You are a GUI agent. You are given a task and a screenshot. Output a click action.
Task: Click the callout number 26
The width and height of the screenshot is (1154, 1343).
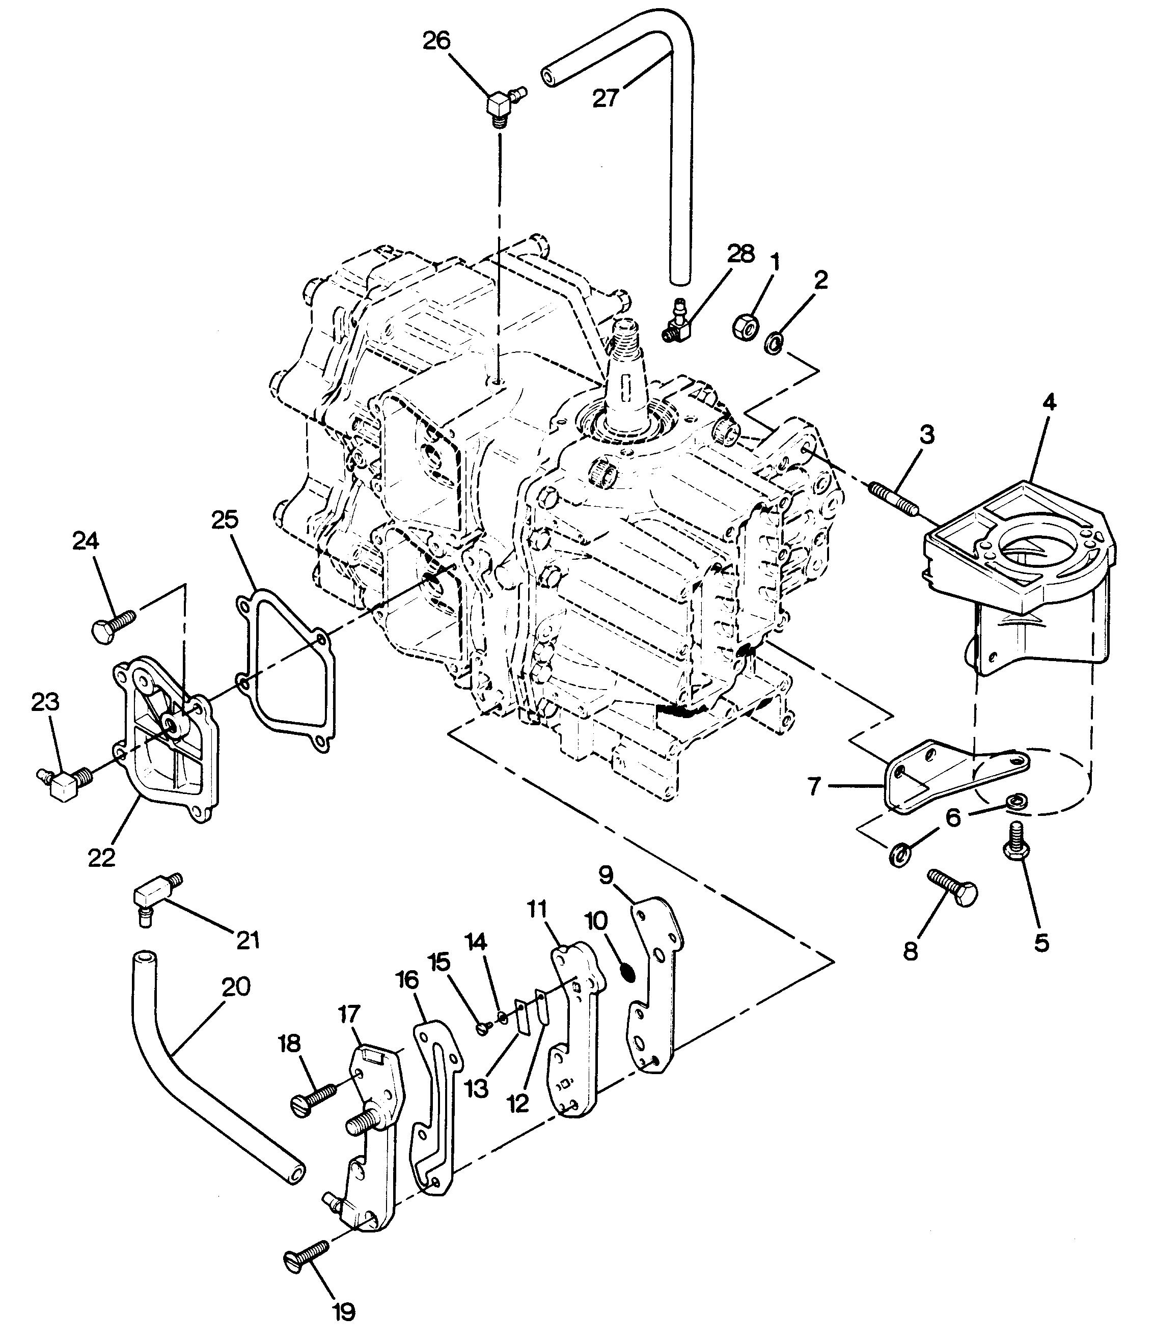(436, 41)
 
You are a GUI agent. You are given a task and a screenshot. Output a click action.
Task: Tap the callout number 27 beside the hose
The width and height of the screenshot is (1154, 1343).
(606, 97)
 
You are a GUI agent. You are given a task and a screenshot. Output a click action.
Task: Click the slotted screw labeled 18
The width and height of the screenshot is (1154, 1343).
(315, 1098)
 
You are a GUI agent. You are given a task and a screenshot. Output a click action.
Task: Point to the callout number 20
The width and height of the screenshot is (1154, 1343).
(236, 987)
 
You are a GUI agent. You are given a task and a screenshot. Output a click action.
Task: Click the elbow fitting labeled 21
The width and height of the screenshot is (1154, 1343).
(158, 898)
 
